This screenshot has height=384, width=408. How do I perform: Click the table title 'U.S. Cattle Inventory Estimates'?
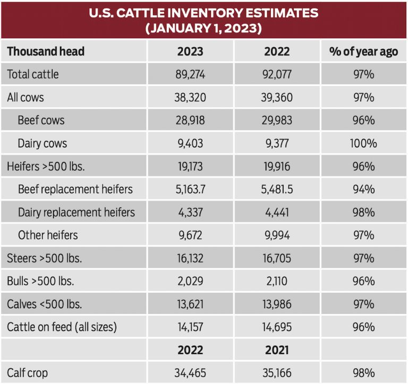[x=204, y=13]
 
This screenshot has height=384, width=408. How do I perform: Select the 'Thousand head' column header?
[x=46, y=51]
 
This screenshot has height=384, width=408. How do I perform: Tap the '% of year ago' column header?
[x=363, y=51]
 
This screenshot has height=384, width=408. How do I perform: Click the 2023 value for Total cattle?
[x=190, y=74]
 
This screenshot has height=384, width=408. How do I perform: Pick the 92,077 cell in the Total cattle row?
[x=277, y=74]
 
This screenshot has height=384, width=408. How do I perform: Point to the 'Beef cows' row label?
[x=41, y=120]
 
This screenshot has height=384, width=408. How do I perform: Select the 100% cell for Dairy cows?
[x=363, y=143]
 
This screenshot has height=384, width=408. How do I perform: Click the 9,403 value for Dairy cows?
[x=190, y=143]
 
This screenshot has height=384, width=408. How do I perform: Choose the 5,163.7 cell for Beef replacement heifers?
[x=190, y=189]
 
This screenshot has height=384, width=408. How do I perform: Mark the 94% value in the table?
[x=363, y=189]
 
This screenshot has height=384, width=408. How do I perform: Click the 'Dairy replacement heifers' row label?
[x=76, y=213]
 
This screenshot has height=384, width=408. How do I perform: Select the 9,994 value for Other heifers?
[x=277, y=235]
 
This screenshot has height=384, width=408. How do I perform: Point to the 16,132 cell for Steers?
[x=190, y=258]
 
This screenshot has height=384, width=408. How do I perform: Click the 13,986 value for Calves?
[x=277, y=304]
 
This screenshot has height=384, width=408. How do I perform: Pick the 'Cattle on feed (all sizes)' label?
[x=62, y=327]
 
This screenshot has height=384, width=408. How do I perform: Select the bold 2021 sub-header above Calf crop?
[x=277, y=351]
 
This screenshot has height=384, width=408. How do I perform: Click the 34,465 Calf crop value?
[x=190, y=373]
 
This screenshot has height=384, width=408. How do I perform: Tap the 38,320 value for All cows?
[x=190, y=98]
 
